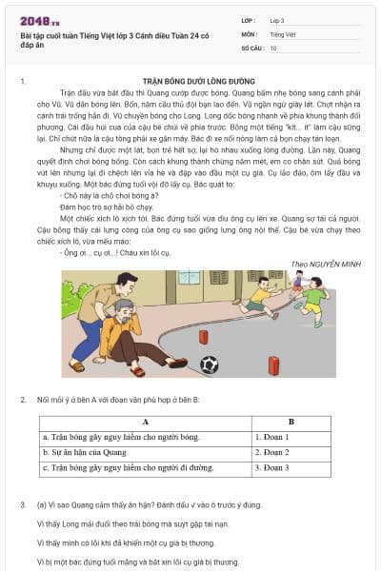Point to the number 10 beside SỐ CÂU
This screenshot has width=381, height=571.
[274, 47]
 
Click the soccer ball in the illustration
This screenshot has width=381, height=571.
[209, 364]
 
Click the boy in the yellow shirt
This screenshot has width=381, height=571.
[258, 298]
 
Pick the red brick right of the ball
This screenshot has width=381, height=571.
[273, 365]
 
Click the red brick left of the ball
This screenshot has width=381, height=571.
[203, 337]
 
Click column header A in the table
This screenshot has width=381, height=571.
[145, 422]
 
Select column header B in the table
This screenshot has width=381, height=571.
[291, 422]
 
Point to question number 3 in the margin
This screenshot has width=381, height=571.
[23, 503]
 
